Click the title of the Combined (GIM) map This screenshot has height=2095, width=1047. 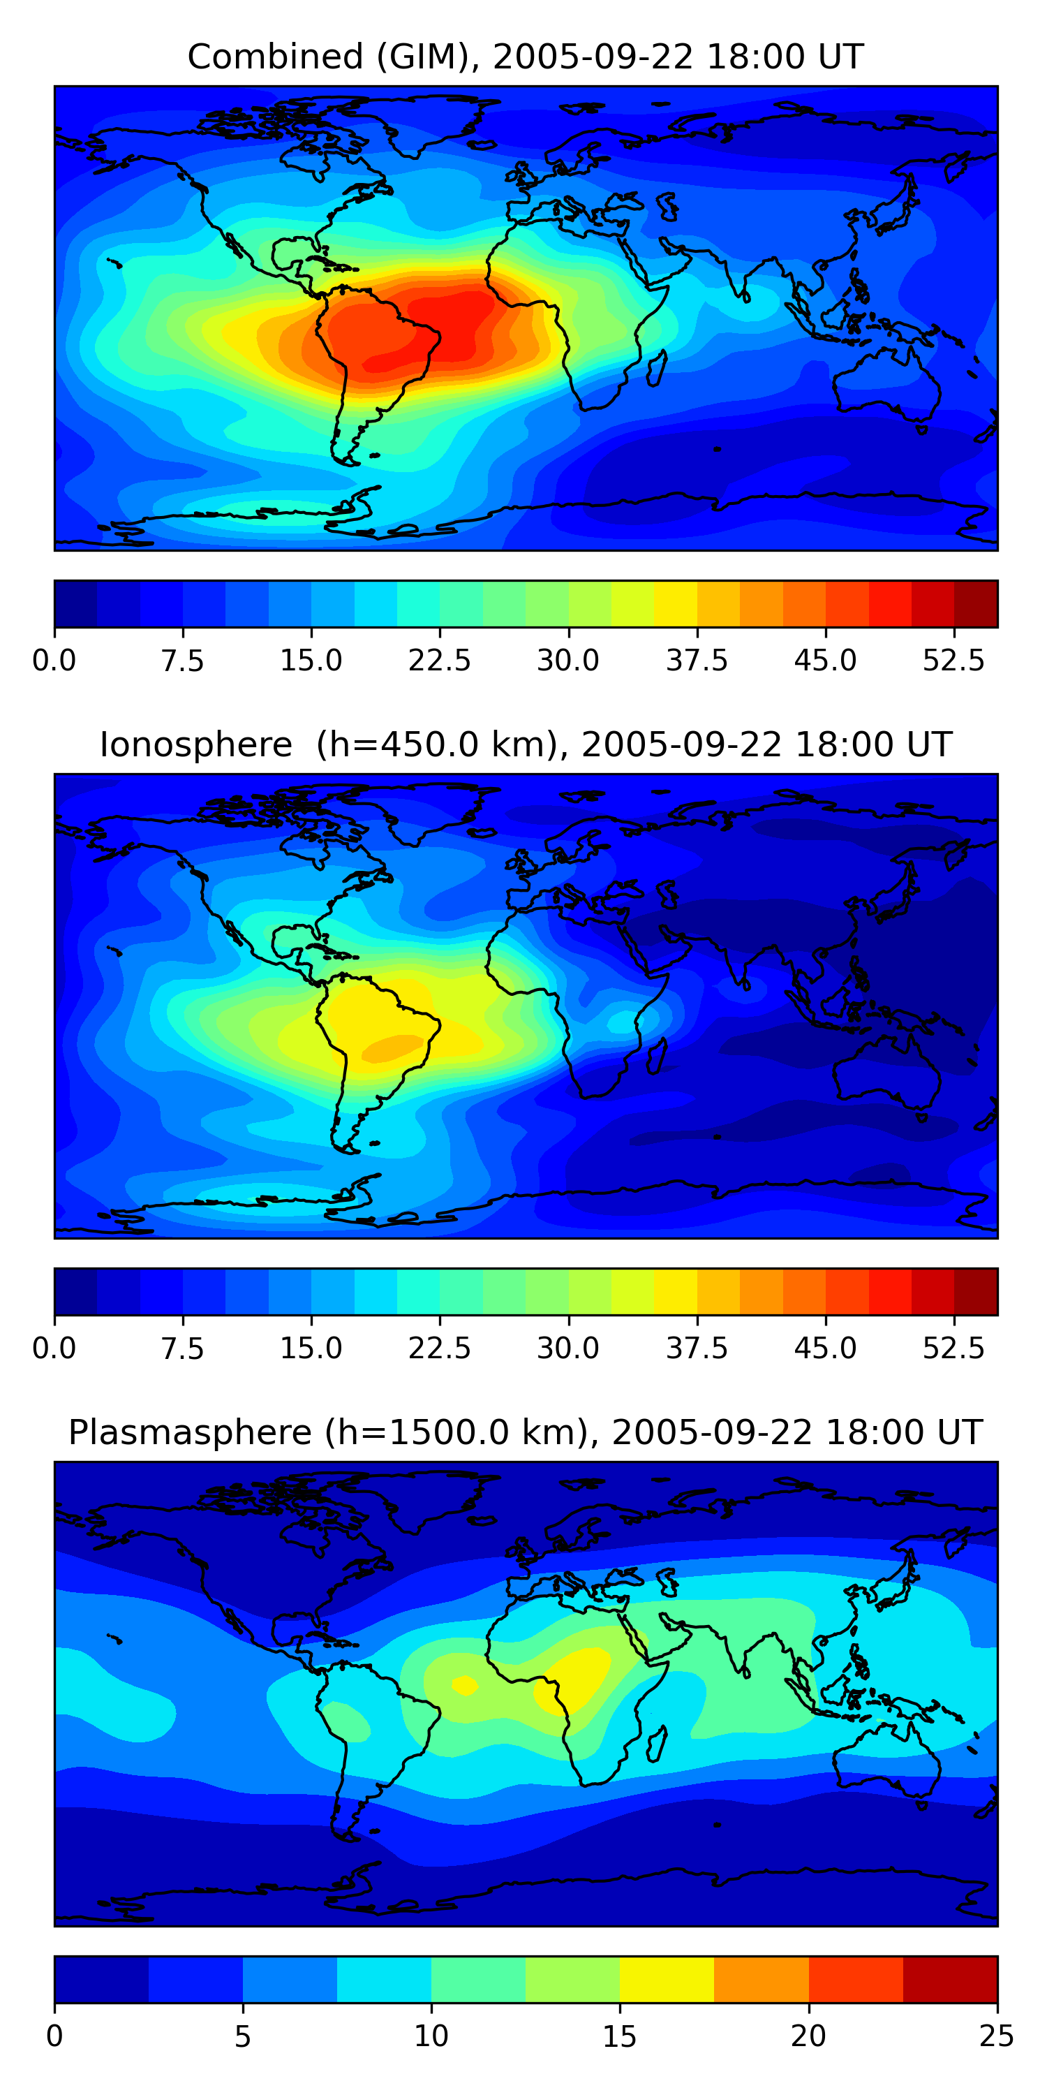(524, 57)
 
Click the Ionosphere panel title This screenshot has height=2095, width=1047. (524, 745)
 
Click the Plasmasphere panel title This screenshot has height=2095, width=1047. (524, 1432)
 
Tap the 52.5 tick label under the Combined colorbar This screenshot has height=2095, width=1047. (953, 661)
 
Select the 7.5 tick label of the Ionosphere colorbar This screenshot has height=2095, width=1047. (182, 1348)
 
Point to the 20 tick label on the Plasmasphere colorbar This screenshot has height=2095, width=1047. (808, 2036)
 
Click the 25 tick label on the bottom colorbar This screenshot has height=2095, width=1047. (996, 2036)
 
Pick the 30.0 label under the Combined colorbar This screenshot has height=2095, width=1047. (567, 661)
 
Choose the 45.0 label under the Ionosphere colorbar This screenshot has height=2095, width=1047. (825, 1348)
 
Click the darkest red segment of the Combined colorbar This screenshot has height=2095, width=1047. (976, 603)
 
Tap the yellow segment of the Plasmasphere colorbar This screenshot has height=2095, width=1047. (667, 1978)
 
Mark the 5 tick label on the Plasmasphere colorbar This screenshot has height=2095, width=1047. (242, 2036)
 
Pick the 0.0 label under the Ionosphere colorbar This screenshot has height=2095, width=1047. (54, 1348)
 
